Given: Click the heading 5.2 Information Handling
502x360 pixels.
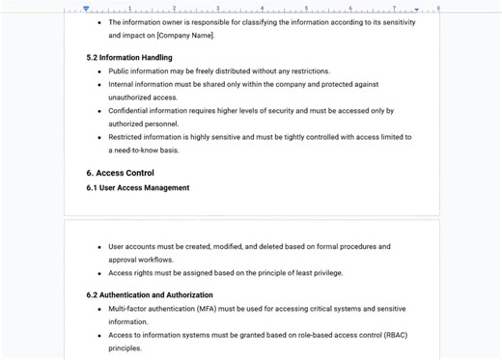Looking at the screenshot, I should (x=129, y=58).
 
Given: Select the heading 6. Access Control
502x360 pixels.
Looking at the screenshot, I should (x=120, y=174).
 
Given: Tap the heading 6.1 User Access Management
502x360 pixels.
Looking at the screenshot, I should (x=138, y=188).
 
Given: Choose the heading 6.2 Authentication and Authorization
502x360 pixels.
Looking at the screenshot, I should (x=150, y=295).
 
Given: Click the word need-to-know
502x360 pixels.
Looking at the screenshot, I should (x=139, y=151).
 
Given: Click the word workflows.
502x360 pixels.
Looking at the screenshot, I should (x=156, y=260).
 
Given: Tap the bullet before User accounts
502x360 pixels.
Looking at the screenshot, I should (x=99, y=247).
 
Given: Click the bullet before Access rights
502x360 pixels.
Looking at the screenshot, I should (x=99, y=273).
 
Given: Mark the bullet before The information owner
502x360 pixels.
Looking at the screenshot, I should (x=99, y=22).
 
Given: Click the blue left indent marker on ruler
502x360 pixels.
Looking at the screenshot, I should (x=86, y=9).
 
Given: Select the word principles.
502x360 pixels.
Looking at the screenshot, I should (x=125, y=348).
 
